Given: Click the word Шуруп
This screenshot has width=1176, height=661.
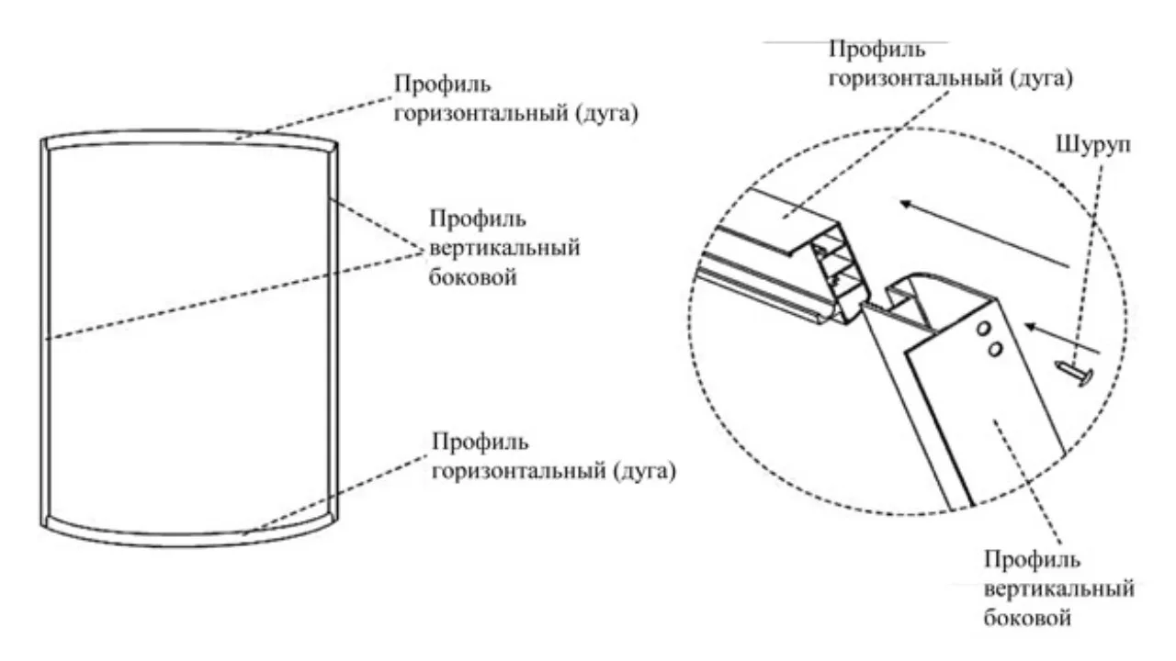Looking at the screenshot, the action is pos(1093,146).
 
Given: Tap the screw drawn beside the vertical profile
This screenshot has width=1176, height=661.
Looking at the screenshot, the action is pos(1076,372).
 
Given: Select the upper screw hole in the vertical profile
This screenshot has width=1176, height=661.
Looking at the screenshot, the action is pos(983,329).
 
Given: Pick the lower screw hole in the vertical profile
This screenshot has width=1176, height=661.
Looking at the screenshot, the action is pos(994,350).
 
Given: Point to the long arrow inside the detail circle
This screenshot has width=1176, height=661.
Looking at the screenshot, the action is pos(984,233).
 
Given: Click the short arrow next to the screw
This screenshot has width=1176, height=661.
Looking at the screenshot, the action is pos(1061,339).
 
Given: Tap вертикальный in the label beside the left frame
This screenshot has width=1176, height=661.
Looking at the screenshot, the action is pos(504,248).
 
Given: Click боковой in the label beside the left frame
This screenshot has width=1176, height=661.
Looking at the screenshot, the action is pos(473,276).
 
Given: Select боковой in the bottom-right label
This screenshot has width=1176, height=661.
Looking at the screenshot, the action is pos(1027,618).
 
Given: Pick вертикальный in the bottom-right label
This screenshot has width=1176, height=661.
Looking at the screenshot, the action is pos(1059,588).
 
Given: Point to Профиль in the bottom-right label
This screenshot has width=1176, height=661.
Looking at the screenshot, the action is pos(1032,561).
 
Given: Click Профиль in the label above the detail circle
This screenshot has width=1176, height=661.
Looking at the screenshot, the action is pos(877,50).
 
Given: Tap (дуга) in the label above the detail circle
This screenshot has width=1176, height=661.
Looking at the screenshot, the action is pos(1039,79).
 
